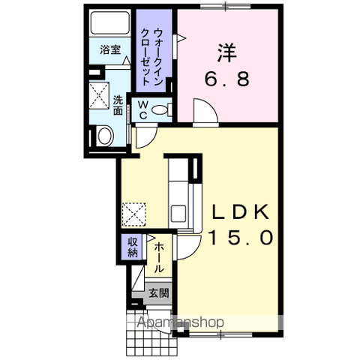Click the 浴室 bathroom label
click(110, 49)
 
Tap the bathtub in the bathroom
click(110, 23)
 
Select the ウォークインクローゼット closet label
click(152, 57)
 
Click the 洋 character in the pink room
click(227, 53)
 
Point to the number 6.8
click(227, 79)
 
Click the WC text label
click(142, 110)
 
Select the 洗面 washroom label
click(118, 105)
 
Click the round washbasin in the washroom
click(105, 136)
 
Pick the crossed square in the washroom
click(99, 95)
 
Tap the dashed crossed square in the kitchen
click(133, 214)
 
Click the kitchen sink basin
click(178, 213)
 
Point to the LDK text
click(240, 212)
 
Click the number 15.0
click(241, 238)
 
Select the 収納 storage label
click(133, 247)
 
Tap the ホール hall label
click(159, 257)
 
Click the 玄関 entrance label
click(159, 293)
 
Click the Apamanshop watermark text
click(181, 322)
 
